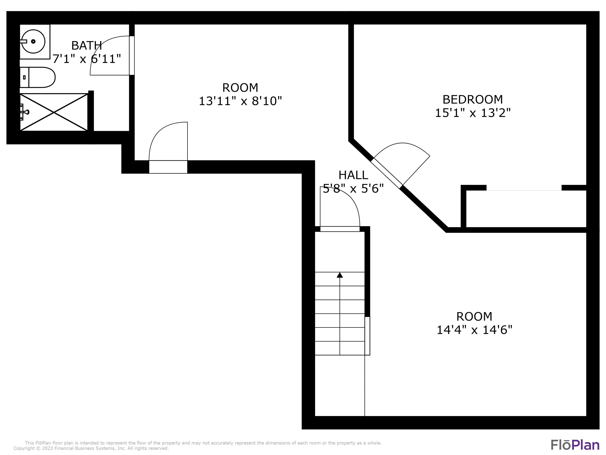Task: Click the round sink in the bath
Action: click(33, 42)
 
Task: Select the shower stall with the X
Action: click(54, 112)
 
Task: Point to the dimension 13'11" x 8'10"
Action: click(240, 101)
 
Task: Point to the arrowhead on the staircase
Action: click(340, 275)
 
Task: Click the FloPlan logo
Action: click(575, 445)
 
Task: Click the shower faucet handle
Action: click(26, 112)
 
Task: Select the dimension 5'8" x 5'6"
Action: click(353, 189)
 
